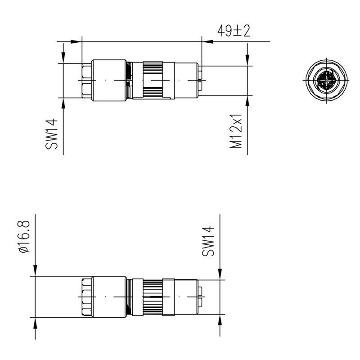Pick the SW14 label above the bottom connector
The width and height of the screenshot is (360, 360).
pos(208,241)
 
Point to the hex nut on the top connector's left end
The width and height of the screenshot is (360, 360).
pos(86,80)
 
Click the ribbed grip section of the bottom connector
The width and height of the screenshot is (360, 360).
pos(153,297)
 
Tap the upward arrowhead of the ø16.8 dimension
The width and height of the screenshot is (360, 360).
pos(35,323)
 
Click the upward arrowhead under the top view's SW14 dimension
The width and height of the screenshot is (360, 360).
pos(63,103)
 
